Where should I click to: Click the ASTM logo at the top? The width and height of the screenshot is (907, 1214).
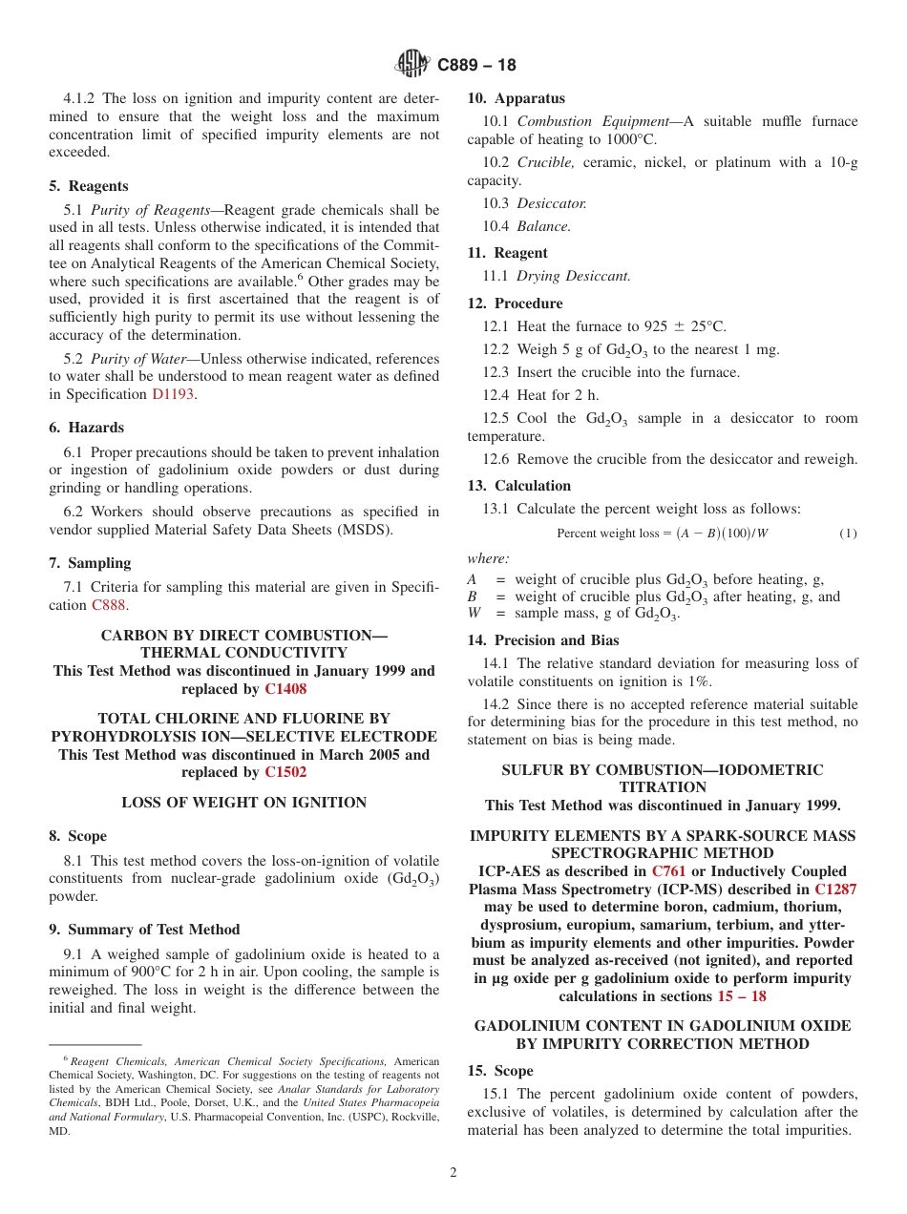pos(412,65)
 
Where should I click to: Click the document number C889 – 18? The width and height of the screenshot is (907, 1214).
pos(476,66)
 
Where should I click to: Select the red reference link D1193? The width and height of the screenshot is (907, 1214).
pos(173,394)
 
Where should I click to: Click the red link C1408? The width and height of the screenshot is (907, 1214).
pos(285,689)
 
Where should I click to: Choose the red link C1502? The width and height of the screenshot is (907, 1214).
pos(285,772)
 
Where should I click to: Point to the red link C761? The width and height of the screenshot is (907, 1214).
pos(668,871)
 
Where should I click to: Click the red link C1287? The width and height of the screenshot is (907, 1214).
pos(835,890)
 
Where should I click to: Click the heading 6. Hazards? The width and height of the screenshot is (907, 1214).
pos(87,428)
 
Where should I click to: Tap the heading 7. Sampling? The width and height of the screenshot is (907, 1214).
pos(90,563)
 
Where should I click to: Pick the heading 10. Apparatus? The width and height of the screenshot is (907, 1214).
pos(516,98)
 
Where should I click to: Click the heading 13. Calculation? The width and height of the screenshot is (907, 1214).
pos(518,486)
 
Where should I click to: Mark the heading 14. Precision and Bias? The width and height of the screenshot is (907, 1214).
pos(542,640)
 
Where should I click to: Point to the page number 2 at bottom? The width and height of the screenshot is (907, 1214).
pos(453,1173)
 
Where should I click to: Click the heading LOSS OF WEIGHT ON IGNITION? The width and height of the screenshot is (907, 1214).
pos(244,803)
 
